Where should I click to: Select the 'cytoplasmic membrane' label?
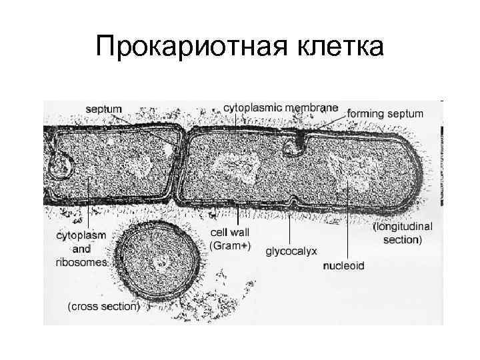[280, 107]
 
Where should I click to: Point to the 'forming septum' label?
[385, 113]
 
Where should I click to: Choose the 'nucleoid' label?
[343, 265]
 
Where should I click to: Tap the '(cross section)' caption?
[103, 307]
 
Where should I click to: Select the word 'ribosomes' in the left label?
[81, 262]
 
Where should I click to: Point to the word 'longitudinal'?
[403, 227]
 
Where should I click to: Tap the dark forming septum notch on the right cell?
[302, 140]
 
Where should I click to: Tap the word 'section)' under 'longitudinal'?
[402, 239]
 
